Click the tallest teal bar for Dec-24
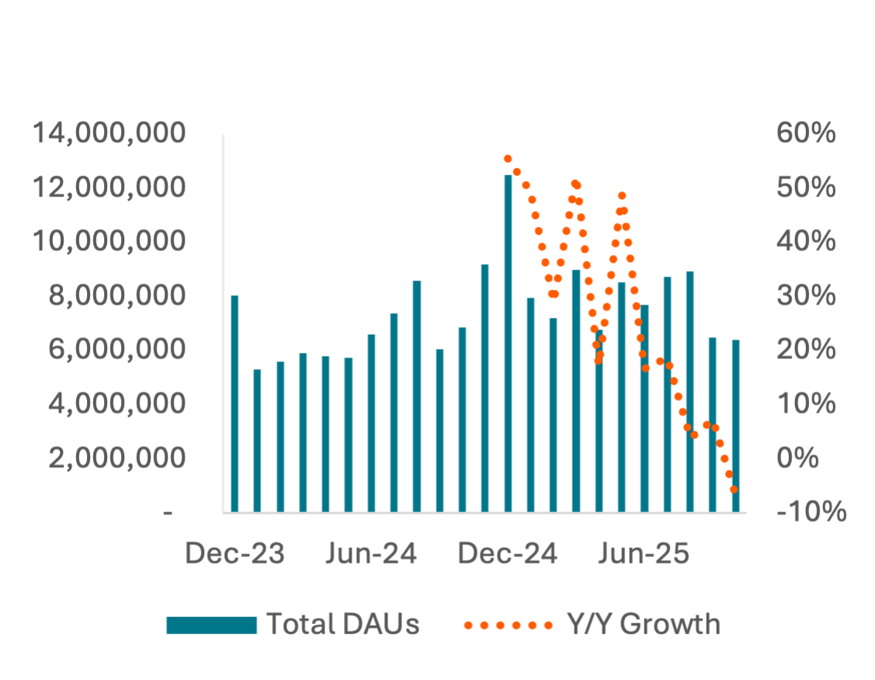pyautogui.click(x=508, y=342)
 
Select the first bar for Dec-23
pyautogui.click(x=234, y=404)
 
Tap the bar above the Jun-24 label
pyautogui.click(x=371, y=424)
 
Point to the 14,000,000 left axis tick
pyautogui.click(x=109, y=134)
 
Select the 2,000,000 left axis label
pyautogui.click(x=117, y=459)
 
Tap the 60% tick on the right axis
pyautogui.click(x=806, y=134)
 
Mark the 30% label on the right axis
pyautogui.click(x=806, y=296)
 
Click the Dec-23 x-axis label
pyautogui.click(x=235, y=555)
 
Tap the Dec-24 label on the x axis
pyautogui.click(x=508, y=555)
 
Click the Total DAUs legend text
pyautogui.click(x=343, y=624)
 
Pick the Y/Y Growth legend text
pyautogui.click(x=643, y=624)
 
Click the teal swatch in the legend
pyautogui.click(x=211, y=624)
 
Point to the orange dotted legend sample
pyautogui.click(x=508, y=624)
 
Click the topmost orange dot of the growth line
pyautogui.click(x=508, y=159)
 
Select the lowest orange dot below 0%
pyautogui.click(x=734, y=490)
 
